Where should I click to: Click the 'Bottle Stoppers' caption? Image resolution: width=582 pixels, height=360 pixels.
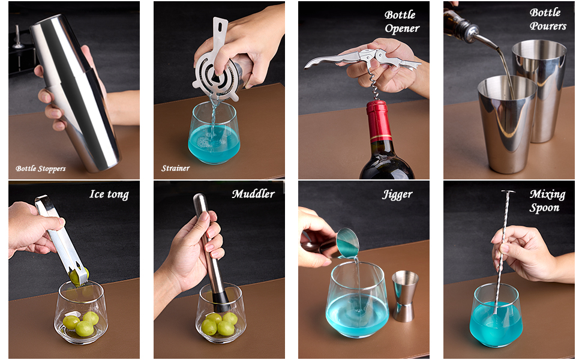tap(41, 169)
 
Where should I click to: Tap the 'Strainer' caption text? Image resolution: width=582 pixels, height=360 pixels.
tap(175, 169)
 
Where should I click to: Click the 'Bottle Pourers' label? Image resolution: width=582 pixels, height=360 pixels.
tap(547, 19)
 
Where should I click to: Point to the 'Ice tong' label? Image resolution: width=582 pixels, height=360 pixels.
tap(109, 194)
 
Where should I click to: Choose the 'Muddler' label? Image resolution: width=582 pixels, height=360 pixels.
tap(253, 194)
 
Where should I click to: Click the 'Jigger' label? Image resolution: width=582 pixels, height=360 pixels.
tap(397, 194)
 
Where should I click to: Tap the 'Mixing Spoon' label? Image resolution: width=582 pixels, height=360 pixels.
tap(547, 201)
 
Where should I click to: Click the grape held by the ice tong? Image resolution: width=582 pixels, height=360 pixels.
tap(79, 277)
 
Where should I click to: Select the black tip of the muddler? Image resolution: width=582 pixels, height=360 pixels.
tap(221, 297)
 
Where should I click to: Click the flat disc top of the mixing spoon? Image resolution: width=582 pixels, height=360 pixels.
tap(508, 192)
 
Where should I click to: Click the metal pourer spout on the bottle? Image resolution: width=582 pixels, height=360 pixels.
tap(483, 39)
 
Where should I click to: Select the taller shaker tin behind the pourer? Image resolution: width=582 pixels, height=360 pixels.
tap(539, 84)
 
